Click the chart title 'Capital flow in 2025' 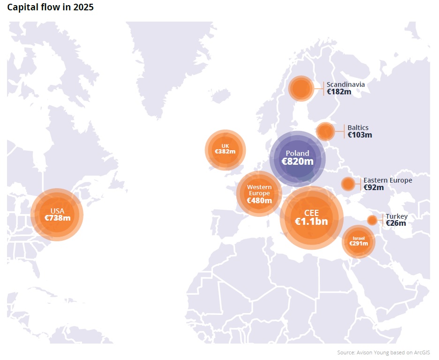(x=50, y=8)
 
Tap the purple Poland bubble (x=297, y=158)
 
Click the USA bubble (x=57, y=214)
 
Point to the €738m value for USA (x=57, y=218)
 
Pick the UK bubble (x=225, y=150)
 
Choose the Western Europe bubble (x=259, y=193)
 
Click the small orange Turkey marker (x=372, y=220)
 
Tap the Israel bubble (x=358, y=242)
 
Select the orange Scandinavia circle (x=301, y=88)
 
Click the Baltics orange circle (x=325, y=131)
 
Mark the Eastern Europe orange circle (x=348, y=184)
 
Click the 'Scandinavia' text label (x=346, y=84)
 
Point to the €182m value (x=339, y=92)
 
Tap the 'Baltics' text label (x=358, y=128)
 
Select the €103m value (x=360, y=135)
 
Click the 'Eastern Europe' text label (x=388, y=180)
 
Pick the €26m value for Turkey (x=396, y=223)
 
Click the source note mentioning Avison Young (x=383, y=352)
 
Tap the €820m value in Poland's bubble (x=297, y=161)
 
